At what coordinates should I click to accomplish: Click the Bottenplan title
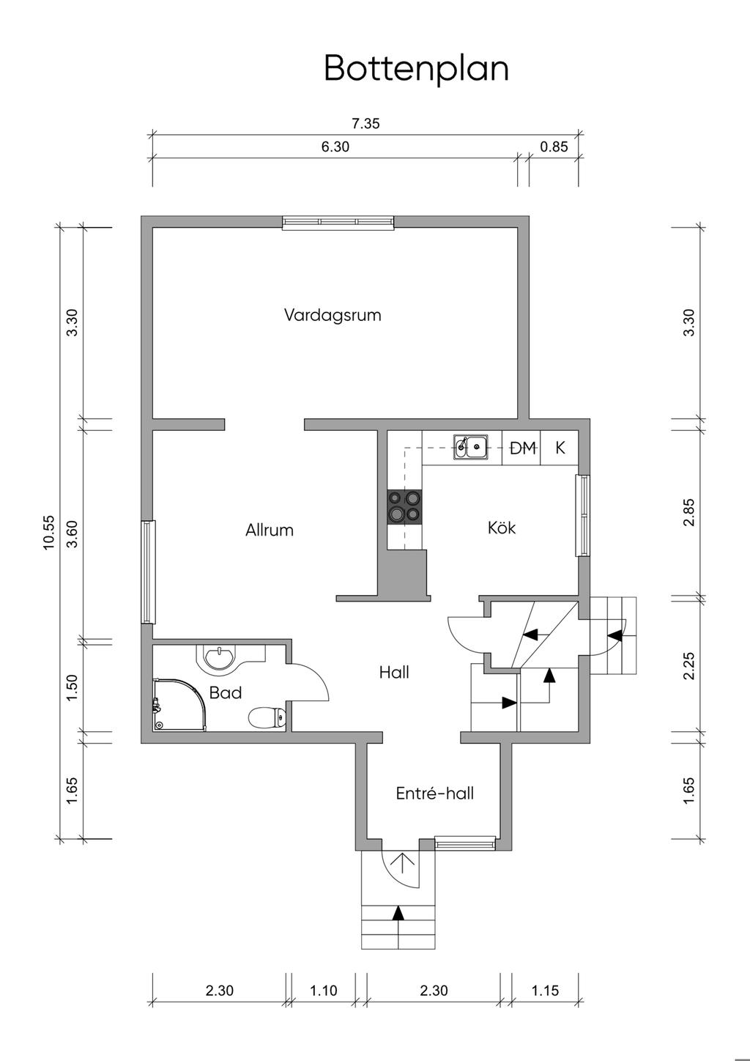point(416,69)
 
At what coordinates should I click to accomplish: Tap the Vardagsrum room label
point(333,315)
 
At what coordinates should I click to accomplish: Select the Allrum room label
point(270,530)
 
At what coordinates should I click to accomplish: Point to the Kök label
point(502,527)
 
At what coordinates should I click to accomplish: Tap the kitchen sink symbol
point(471,447)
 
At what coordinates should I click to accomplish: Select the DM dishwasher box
point(521,448)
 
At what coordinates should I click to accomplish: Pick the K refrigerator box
point(560,448)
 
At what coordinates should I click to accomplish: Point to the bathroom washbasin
point(219,657)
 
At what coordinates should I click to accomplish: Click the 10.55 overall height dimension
point(49,532)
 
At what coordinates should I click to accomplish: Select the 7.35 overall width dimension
point(365,124)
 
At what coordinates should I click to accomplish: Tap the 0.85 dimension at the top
point(554,147)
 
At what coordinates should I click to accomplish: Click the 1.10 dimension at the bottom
point(324,991)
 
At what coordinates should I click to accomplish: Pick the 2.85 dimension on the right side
point(689,512)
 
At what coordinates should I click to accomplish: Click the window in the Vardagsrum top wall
point(338,223)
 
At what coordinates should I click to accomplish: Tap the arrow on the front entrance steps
point(398,912)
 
